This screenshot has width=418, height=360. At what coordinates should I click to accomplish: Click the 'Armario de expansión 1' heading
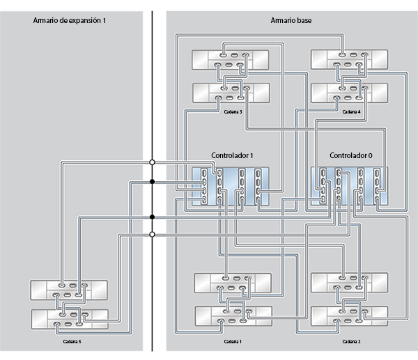point(69,21)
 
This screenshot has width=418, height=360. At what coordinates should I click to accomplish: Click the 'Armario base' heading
point(291,21)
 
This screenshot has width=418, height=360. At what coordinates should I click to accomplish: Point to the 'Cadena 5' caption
point(70,342)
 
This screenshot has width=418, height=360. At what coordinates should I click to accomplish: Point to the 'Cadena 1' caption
point(233,342)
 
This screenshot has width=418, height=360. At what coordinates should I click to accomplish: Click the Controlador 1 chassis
point(231,187)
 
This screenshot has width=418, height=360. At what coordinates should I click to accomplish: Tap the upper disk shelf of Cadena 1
point(231,283)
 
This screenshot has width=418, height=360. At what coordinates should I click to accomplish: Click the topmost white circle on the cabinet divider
point(152,162)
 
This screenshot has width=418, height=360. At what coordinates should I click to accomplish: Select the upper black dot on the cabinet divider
point(152,182)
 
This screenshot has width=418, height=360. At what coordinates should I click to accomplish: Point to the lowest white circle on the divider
point(152,235)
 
